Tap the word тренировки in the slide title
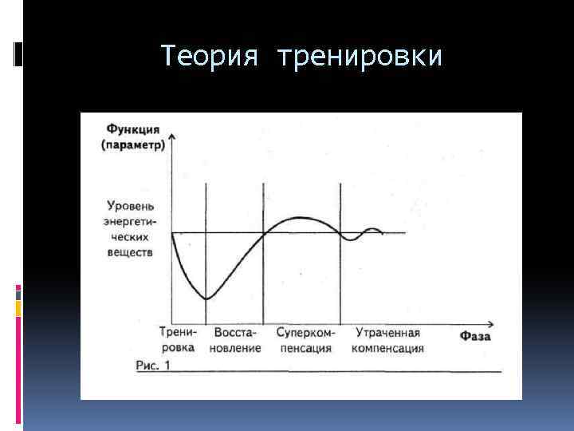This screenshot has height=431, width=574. coord(360,57)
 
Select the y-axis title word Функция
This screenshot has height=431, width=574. coord(132,129)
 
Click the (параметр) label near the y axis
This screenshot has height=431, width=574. coord(133,144)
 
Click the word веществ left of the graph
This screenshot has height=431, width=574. coord(128,251)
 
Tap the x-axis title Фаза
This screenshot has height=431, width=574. coord(475,338)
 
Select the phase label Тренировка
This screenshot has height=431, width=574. coord(176,340)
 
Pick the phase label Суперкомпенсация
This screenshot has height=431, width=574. coord(307,340)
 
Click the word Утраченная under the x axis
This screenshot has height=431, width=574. coord(388,332)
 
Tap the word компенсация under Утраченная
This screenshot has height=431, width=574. coord(387,349)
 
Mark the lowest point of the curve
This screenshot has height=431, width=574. coord(206,299)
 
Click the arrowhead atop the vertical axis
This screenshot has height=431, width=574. coord(172,137)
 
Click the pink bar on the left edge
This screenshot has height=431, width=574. coord(18,292)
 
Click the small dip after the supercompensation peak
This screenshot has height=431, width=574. coord(348,239)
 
